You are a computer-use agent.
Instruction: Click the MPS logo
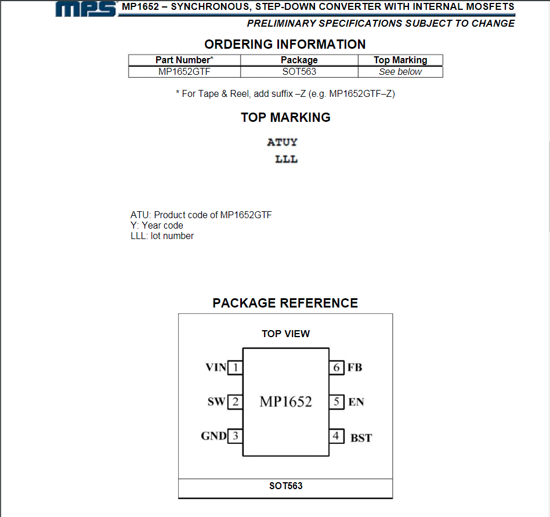pyautogui.click(x=87, y=8)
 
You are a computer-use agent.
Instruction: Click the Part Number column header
pyautogui.click(x=184, y=60)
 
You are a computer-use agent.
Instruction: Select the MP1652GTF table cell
pyautogui.click(x=184, y=72)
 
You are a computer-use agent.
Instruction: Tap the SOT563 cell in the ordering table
pyautogui.click(x=299, y=72)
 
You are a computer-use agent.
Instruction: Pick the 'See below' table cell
pyautogui.click(x=400, y=72)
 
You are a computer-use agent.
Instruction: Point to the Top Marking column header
pyautogui.click(x=400, y=60)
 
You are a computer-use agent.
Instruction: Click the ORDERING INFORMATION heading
pyautogui.click(x=285, y=44)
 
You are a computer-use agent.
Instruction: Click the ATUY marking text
pyautogui.click(x=282, y=142)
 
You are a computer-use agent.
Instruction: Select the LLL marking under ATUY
pyautogui.click(x=286, y=159)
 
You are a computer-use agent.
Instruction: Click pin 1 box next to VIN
pyautogui.click(x=235, y=367)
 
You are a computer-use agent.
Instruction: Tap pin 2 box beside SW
pyautogui.click(x=235, y=402)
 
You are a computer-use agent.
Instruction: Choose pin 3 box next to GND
pyautogui.click(x=235, y=436)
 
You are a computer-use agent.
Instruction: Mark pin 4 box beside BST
pyautogui.click(x=336, y=436)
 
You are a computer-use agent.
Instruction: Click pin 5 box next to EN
pyautogui.click(x=336, y=402)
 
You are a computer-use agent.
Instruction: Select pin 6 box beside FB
pyautogui.click(x=336, y=367)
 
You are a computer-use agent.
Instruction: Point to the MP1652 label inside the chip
pyautogui.click(x=285, y=402)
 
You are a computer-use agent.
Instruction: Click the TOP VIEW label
pyautogui.click(x=285, y=334)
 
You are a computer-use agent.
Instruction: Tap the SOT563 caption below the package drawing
pyautogui.click(x=285, y=486)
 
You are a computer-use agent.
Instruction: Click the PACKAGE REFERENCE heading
pyautogui.click(x=285, y=303)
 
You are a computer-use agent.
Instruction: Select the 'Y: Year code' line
pyautogui.click(x=157, y=225)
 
